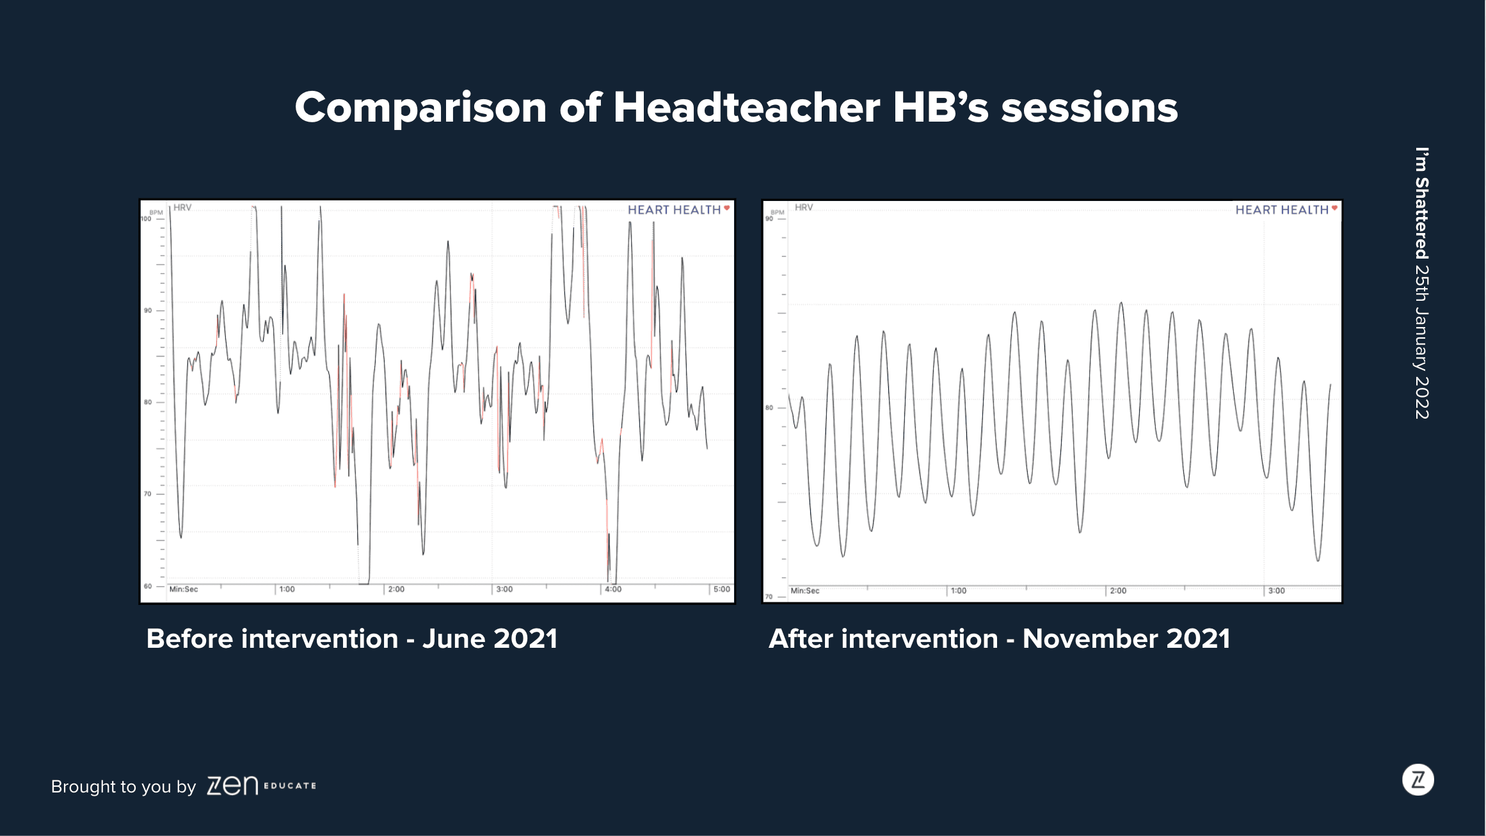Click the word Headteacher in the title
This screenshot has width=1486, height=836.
pos(746,107)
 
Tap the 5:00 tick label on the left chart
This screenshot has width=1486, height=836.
pos(722,589)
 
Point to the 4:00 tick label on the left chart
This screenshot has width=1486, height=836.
pos(613,589)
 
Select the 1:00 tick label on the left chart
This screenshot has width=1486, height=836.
pos(287,589)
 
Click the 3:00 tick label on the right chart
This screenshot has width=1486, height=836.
pos(1276,591)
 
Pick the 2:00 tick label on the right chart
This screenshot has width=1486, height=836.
pos(1118,591)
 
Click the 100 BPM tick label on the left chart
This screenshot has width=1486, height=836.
pos(146,219)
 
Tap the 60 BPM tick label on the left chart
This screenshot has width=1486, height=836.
pos(148,586)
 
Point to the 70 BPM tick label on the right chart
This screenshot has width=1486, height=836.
pos(769,597)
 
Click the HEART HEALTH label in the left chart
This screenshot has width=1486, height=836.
pos(675,210)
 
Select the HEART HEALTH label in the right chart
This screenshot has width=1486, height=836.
pos(1282,210)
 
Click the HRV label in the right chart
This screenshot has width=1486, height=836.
pos(804,207)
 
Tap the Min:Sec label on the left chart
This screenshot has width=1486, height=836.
pos(184,589)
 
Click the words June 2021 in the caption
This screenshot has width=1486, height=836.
pos(490,639)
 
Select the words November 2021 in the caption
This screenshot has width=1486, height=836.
pos(1126,639)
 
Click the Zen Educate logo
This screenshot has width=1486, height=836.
pos(261,785)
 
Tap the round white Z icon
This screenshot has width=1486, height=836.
pos(1418,780)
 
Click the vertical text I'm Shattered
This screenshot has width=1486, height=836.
pos(1421,203)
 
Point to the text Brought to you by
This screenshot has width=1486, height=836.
pos(124,787)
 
